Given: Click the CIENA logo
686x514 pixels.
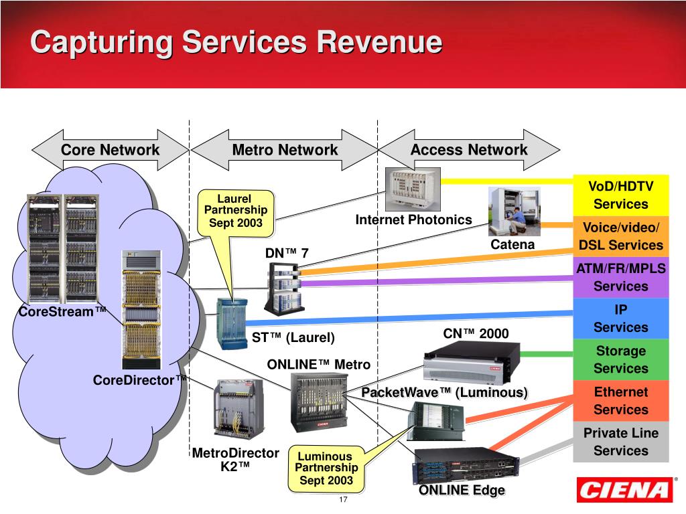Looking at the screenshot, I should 624,490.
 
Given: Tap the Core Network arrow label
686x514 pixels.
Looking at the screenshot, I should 110,150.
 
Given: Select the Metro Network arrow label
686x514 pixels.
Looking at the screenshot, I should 285,150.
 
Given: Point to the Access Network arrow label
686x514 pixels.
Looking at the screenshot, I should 469,150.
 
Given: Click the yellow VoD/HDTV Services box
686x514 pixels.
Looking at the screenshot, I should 621,195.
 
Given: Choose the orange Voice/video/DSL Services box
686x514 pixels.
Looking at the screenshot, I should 621,236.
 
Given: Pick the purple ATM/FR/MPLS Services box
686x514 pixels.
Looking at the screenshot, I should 621,277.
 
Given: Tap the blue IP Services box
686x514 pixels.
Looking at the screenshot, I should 621,319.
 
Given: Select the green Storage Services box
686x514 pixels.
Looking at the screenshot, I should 621,359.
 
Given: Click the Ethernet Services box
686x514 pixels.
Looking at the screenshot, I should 621,401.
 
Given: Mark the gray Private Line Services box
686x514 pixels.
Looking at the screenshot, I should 621,442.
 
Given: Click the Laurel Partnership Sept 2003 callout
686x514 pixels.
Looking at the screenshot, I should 236,210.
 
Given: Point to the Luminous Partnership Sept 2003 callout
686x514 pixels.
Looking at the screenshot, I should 326,468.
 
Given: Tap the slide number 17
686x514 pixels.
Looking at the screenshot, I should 343,501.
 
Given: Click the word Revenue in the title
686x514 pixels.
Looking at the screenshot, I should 379,42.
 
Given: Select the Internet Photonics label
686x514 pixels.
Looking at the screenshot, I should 413,220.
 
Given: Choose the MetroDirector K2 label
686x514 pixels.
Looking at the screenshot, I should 236,460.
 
